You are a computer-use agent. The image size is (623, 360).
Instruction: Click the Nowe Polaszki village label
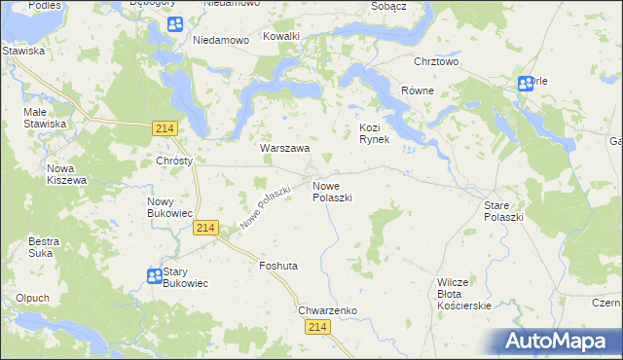pyautogui.click(x=332, y=191)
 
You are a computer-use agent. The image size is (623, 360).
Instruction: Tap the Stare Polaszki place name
pyautogui.click(x=503, y=211)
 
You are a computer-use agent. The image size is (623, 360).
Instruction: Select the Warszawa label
pyautogui.click(x=284, y=149)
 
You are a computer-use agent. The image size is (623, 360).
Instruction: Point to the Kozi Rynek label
pyautogui.click(x=375, y=133)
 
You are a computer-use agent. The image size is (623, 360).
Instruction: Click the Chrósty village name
pyautogui.click(x=174, y=161)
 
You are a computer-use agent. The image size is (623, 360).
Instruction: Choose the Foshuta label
pyautogui.click(x=278, y=265)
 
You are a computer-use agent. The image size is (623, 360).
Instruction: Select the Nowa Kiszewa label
pyautogui.click(x=67, y=174)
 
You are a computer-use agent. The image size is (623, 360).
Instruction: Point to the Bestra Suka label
pyautogui.click(x=44, y=246)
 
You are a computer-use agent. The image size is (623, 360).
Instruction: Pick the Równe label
pyautogui.click(x=418, y=90)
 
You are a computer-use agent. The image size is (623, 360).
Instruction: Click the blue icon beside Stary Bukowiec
pyautogui.click(x=154, y=276)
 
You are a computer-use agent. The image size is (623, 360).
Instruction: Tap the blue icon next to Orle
pyautogui.click(x=525, y=84)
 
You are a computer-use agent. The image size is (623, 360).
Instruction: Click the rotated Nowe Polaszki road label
pyautogui.click(x=265, y=207)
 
